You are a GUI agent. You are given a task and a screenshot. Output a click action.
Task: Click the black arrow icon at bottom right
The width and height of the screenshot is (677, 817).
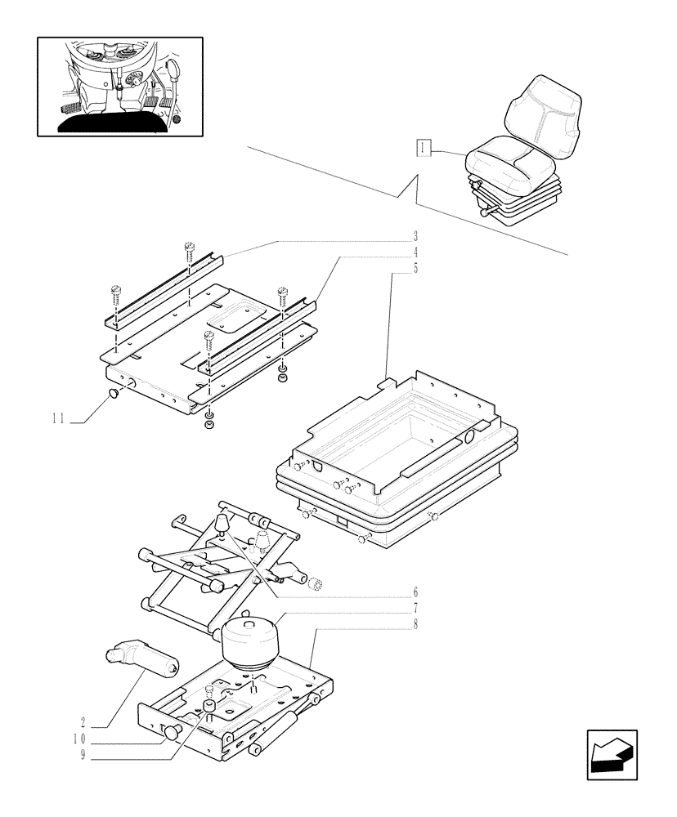(x=612, y=753)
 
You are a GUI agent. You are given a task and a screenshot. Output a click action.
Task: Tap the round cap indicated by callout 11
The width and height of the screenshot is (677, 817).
(x=114, y=395)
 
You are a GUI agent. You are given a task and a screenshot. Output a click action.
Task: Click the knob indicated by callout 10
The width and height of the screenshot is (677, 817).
(x=173, y=733)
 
